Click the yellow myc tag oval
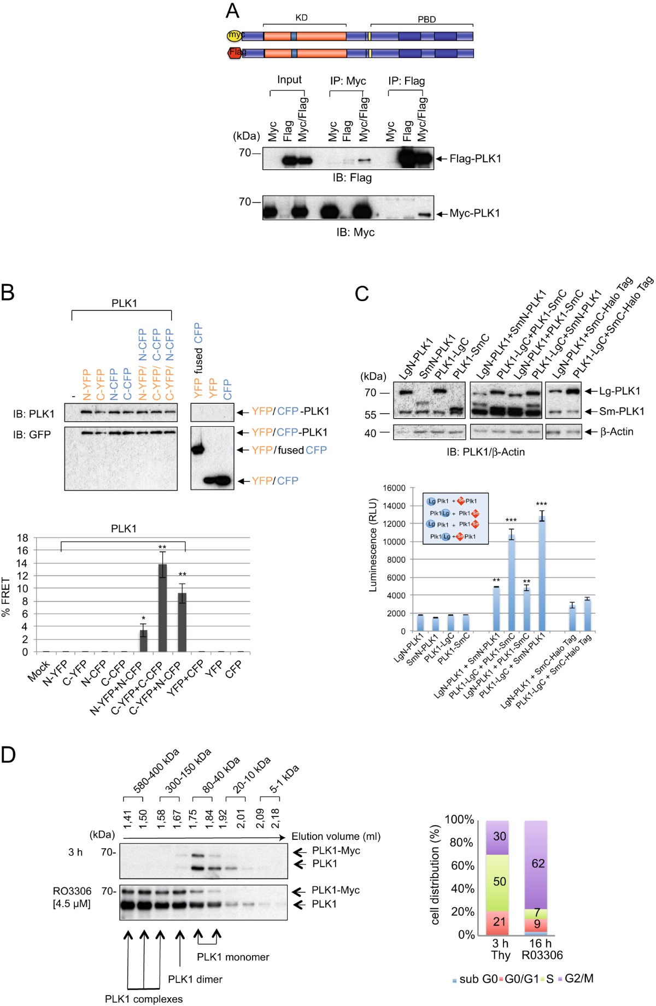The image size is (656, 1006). (x=235, y=36)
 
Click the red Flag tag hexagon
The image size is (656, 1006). (x=235, y=52)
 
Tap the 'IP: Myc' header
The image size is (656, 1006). (x=348, y=81)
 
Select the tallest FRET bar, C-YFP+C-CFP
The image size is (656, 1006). (x=162, y=608)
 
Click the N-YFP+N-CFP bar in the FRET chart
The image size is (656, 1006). (x=143, y=640)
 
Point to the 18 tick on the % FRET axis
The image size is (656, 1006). (x=22, y=538)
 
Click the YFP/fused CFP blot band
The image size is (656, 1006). (x=197, y=450)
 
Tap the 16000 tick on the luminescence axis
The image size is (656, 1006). (x=394, y=488)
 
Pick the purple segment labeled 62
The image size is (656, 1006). (x=538, y=863)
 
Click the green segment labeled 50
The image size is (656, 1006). (x=499, y=881)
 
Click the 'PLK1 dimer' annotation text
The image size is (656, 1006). (x=195, y=979)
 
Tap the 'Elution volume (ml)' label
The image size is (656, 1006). (x=336, y=836)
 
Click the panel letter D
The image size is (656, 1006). (x=8, y=755)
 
